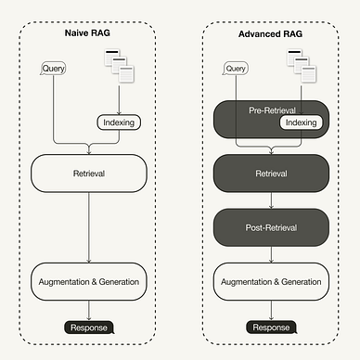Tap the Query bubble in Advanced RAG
pyautogui.click(x=237, y=69)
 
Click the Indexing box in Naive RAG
pyautogui.click(x=118, y=122)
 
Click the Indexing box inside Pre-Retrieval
pyautogui.click(x=301, y=122)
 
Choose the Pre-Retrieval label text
pyautogui.click(x=272, y=110)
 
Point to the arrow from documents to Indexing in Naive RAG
pyautogui.click(x=121, y=98)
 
